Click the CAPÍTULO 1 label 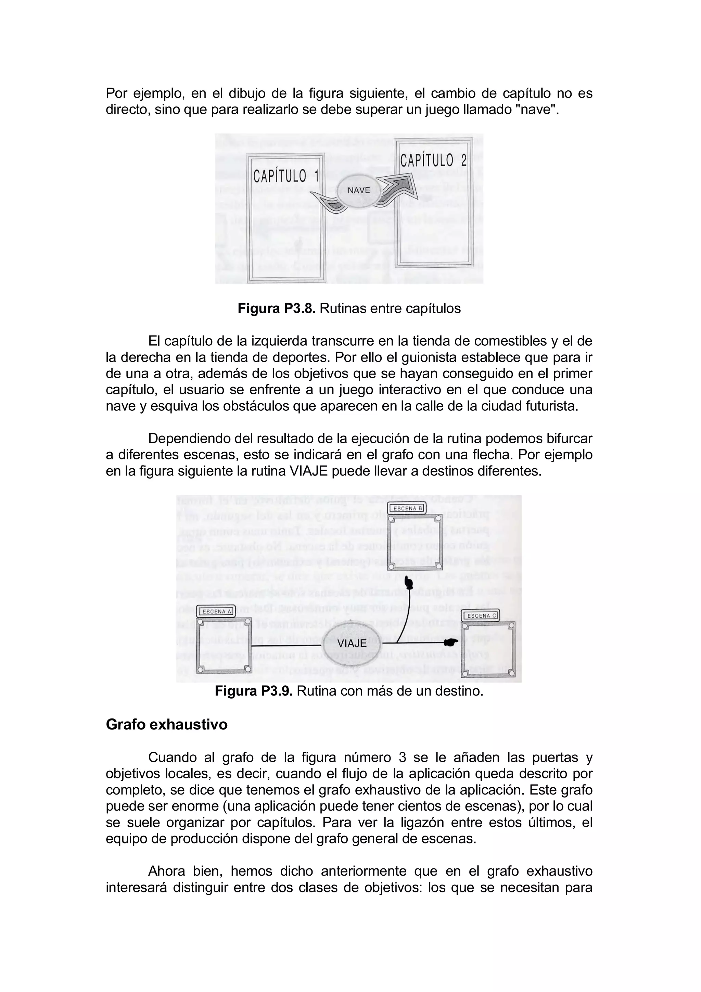click(x=285, y=176)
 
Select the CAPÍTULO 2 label click(x=433, y=161)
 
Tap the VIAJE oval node click(x=352, y=643)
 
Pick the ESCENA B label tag click(x=407, y=509)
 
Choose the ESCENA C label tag click(x=482, y=616)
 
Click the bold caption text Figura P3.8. click(x=277, y=308)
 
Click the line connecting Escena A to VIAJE click(x=287, y=646)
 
